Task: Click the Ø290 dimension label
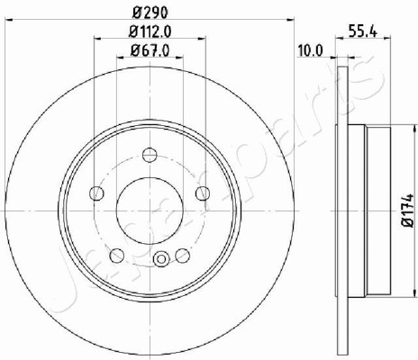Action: [150, 13]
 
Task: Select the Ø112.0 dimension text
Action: [150, 31]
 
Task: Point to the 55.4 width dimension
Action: [363, 31]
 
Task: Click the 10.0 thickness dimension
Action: [310, 50]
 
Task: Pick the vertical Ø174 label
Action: [408, 211]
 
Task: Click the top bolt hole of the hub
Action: [150, 155]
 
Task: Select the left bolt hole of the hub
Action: [96, 193]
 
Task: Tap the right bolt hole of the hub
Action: [203, 193]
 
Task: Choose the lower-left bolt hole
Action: [117, 256]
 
